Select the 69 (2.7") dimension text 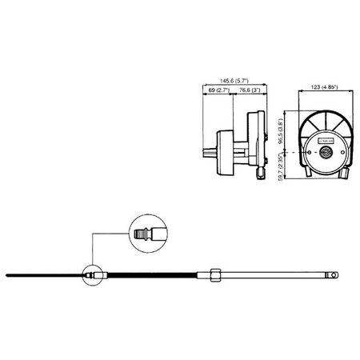click(214, 93)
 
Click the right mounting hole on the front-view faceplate click(344, 153)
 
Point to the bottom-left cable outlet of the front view click(309, 171)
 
